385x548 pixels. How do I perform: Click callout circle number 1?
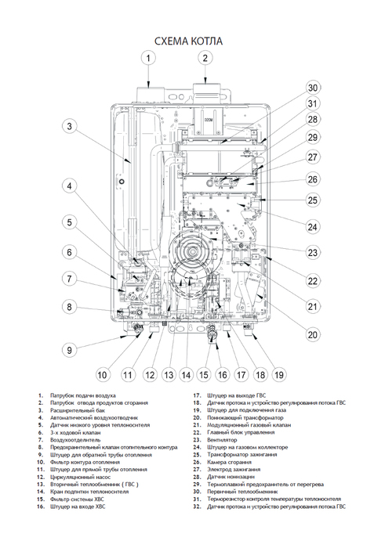(x=147, y=57)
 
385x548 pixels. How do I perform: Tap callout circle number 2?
(x=205, y=57)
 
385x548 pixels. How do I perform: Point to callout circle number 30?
(x=313, y=88)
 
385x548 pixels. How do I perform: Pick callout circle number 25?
(x=313, y=200)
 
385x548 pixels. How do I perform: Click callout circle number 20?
(x=313, y=335)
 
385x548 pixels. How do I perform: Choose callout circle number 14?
(x=186, y=374)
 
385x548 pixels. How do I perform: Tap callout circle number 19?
(x=278, y=374)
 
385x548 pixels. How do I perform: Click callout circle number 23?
(x=313, y=253)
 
